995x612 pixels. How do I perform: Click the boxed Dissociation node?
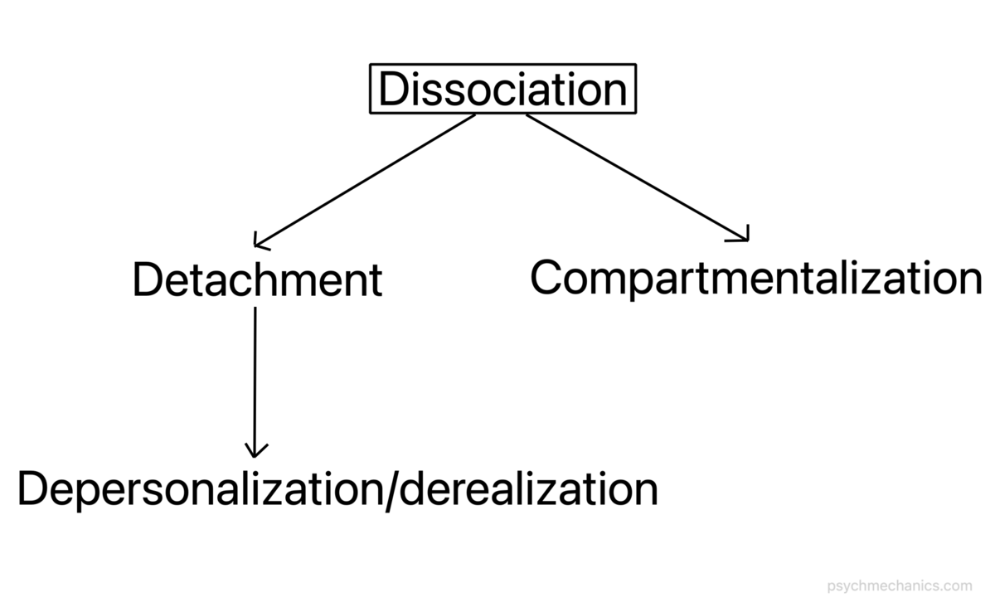502,90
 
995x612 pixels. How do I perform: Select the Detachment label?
257,280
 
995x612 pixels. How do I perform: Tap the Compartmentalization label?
755,278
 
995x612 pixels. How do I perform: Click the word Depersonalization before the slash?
200,489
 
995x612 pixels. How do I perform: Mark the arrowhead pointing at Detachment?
259,243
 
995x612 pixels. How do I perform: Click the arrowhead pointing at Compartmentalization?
743,236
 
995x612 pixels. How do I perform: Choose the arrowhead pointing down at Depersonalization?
255,450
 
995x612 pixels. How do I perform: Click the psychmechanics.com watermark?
900,585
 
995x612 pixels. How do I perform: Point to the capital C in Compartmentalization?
548,277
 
